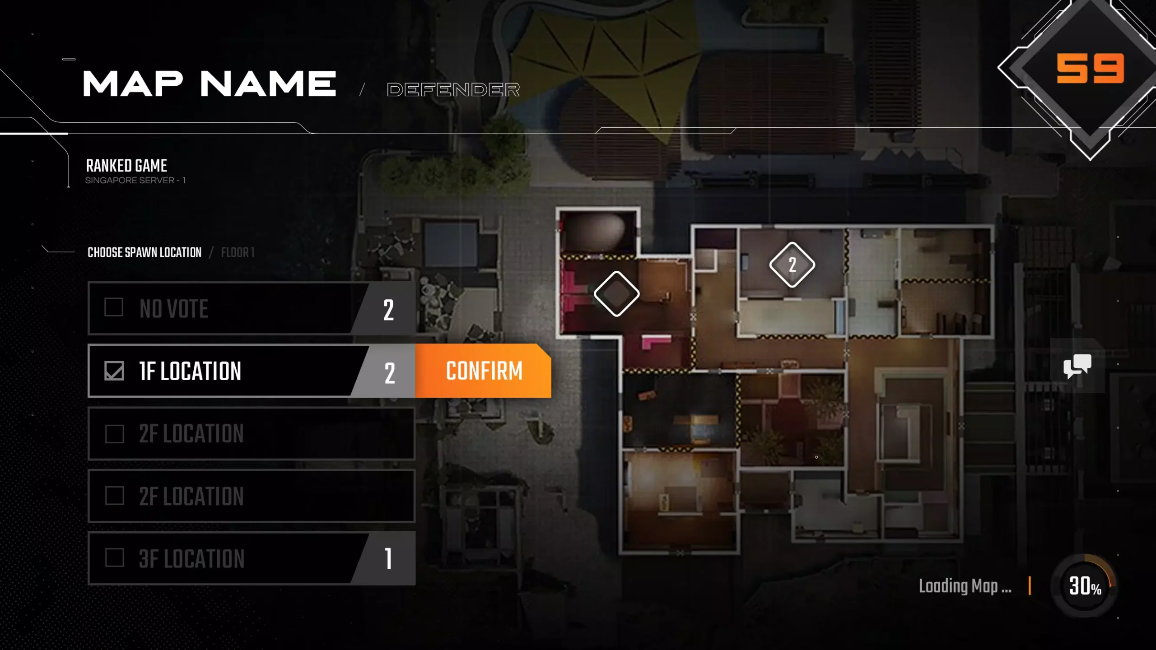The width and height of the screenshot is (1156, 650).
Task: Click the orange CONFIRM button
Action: pyautogui.click(x=483, y=371)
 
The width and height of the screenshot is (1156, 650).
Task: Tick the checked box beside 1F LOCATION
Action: pyautogui.click(x=114, y=371)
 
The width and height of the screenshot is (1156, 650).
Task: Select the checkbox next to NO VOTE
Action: pyautogui.click(x=114, y=307)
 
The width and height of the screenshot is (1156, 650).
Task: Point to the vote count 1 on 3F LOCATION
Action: pyautogui.click(x=388, y=558)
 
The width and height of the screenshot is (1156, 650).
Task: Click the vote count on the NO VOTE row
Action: pyautogui.click(x=388, y=310)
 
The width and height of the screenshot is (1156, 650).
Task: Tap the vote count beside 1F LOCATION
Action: pyautogui.click(x=389, y=373)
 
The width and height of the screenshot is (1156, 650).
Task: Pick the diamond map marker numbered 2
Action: pyautogui.click(x=792, y=265)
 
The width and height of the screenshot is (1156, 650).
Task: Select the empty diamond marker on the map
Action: pyautogui.click(x=616, y=294)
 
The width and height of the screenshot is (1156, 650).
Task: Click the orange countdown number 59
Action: pyautogui.click(x=1090, y=69)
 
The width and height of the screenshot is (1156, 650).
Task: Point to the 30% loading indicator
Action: pyautogui.click(x=1085, y=586)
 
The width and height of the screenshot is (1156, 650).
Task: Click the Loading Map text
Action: pyautogui.click(x=965, y=586)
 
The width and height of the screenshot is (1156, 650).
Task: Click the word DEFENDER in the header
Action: pyautogui.click(x=453, y=89)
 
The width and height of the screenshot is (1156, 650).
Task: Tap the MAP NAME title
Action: pyautogui.click(x=210, y=84)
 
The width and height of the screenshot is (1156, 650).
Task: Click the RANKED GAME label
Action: pyautogui.click(x=126, y=166)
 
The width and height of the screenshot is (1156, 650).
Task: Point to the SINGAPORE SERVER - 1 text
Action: pyautogui.click(x=135, y=180)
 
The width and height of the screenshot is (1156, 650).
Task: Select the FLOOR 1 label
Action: pyautogui.click(x=238, y=252)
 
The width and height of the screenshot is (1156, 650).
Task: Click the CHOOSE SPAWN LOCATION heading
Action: pyautogui.click(x=144, y=252)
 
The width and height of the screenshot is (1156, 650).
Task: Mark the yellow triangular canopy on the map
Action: pyautogui.click(x=605, y=63)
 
